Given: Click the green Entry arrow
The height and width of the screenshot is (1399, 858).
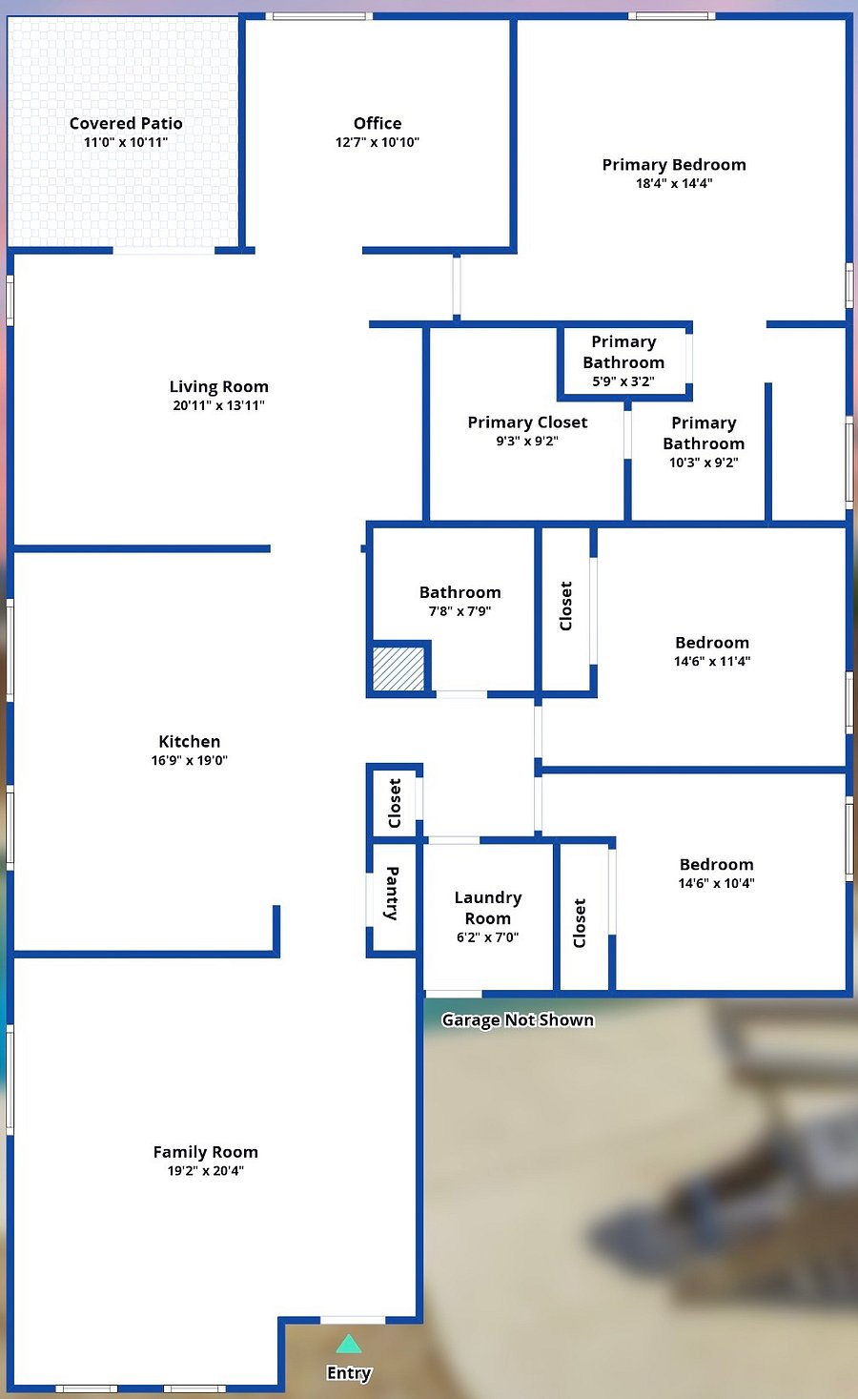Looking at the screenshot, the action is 349,1344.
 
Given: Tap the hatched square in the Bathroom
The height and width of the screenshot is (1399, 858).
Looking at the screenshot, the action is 398,669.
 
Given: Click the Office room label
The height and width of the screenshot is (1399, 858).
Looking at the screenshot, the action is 378,123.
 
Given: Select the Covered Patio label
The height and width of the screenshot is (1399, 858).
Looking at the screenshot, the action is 126,123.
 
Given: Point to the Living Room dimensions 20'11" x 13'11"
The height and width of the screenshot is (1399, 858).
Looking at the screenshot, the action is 218,405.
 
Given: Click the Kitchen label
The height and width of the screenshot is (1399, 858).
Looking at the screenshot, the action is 189,741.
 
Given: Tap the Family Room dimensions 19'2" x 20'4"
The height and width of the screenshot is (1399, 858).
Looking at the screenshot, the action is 206,1170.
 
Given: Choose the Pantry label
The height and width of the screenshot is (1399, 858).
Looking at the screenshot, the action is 392,894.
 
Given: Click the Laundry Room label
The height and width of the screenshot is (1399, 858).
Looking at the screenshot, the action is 488,908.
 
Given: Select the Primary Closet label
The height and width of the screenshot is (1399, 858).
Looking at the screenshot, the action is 527,422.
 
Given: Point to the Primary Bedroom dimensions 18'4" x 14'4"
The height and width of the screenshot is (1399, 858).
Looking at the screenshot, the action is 674,183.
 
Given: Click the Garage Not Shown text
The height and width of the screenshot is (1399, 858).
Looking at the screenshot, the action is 518,1019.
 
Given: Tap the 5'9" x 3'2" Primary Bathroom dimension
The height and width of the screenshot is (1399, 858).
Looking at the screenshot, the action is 623,381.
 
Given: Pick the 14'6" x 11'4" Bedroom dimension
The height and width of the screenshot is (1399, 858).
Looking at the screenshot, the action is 712,661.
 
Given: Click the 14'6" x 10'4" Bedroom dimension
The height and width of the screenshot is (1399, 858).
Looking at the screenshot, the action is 716,882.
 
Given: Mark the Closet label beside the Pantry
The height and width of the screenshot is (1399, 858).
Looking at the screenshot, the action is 394,803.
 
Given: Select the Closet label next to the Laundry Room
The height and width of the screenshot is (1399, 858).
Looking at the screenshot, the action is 580,923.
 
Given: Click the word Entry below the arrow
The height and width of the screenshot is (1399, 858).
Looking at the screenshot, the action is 349,1372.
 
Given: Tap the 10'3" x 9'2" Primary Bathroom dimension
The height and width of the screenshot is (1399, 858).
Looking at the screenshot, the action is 704,463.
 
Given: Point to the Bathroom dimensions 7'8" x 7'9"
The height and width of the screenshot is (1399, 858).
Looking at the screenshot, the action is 460,611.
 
